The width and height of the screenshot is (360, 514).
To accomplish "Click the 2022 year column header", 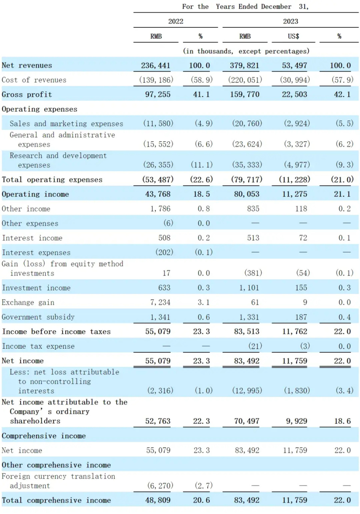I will (175, 21).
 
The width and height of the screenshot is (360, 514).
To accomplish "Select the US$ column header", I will (293, 36).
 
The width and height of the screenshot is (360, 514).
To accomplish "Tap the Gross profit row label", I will (27, 94).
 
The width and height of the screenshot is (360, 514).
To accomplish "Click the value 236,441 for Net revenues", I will (156, 66).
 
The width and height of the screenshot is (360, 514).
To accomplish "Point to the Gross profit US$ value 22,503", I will (294, 94).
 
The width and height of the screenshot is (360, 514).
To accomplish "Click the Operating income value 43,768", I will (157, 194).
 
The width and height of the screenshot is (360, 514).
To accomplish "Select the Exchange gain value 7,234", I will (160, 303).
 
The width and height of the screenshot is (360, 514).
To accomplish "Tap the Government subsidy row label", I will (38, 317).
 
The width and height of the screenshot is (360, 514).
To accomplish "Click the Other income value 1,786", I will (160, 209).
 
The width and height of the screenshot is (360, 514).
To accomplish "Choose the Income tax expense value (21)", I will (255, 346).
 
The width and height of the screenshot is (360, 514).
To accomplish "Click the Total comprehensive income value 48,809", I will (157, 500).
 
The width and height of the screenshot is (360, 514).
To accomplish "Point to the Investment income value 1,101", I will (249, 288).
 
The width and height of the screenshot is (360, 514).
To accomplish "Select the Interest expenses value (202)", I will (164, 252).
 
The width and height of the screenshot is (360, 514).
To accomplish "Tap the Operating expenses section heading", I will (39, 109).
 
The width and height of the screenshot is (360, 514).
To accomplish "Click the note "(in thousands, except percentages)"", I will (246, 51).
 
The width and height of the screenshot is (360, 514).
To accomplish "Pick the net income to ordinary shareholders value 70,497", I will (246, 421).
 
